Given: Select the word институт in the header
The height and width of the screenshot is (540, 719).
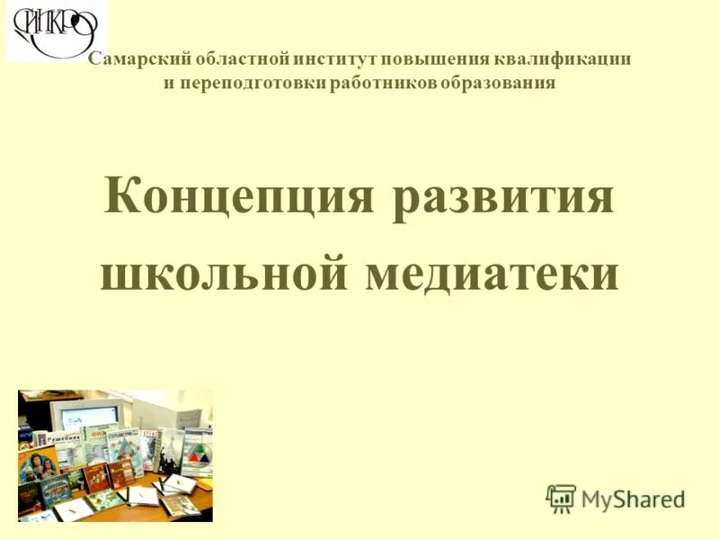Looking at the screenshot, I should (x=337, y=59).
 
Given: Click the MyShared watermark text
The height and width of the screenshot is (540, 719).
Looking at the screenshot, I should (x=633, y=499).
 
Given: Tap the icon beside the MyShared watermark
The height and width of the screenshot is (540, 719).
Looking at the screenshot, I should (x=561, y=498).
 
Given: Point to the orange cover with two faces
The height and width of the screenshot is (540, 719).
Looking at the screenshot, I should (x=38, y=463).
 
